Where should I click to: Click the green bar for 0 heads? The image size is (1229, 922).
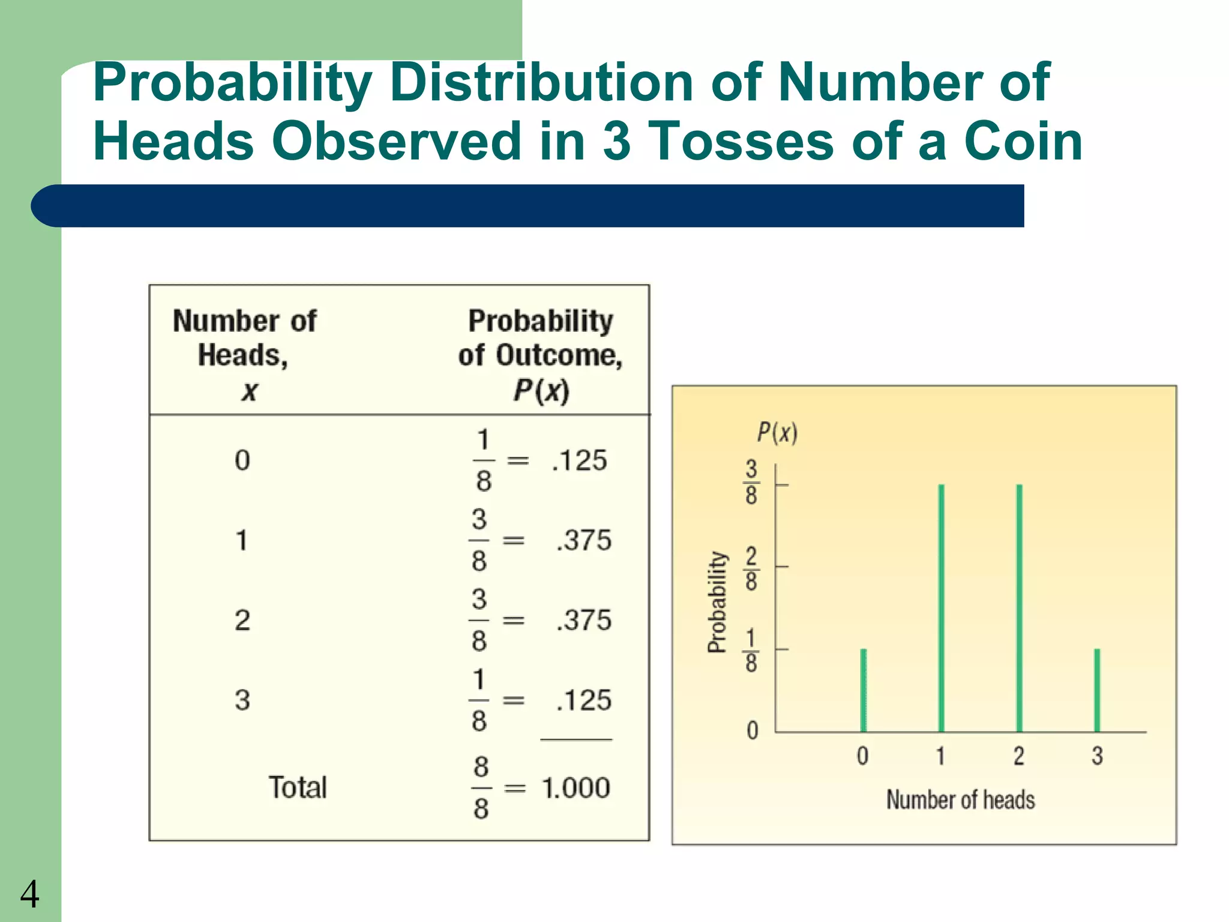point(864,690)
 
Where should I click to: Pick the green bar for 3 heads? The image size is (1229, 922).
point(1097,690)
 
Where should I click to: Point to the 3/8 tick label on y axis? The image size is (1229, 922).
point(751,482)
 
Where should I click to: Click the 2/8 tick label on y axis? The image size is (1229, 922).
point(751,568)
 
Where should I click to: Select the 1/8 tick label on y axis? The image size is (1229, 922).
point(751,650)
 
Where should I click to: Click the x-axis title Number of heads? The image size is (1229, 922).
point(961,800)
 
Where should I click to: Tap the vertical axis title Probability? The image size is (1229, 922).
point(717,601)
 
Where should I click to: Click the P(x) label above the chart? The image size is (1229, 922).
point(777,432)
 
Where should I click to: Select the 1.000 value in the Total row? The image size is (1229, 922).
point(575,788)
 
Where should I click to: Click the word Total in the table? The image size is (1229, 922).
point(298,788)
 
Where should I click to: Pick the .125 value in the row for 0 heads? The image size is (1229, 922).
point(579,461)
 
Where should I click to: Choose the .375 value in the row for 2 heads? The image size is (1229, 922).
point(583,620)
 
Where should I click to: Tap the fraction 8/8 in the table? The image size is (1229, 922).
point(481,788)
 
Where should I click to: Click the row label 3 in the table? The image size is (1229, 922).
point(242,701)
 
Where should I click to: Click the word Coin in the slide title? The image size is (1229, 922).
point(1023,142)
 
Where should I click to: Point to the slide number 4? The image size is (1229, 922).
point(29,894)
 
